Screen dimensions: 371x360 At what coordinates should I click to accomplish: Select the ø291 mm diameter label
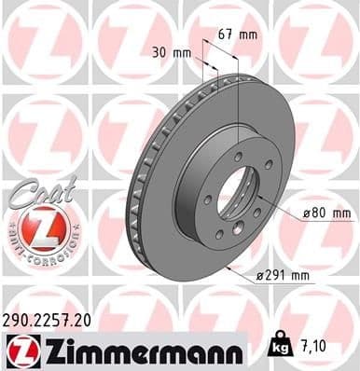click(284, 276)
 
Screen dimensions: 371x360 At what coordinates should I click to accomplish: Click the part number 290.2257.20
click(48, 319)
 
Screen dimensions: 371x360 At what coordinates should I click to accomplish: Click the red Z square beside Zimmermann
click(20, 350)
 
